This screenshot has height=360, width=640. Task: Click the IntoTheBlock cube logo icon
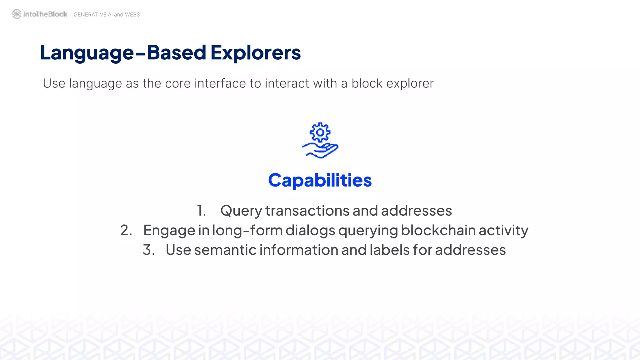point(17,14)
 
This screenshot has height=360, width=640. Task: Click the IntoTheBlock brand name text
point(45,14)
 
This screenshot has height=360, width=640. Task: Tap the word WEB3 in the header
point(132,15)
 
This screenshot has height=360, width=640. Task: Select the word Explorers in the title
point(256,52)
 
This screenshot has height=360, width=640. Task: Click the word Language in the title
point(87,53)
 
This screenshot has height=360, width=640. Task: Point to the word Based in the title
point(177,52)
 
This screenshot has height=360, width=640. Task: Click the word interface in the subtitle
point(220,83)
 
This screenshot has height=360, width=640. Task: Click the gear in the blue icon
point(320,132)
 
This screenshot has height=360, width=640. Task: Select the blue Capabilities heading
point(320,181)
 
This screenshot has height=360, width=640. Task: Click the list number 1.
point(201,211)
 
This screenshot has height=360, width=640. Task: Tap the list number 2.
point(126,230)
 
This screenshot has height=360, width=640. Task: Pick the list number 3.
point(149,250)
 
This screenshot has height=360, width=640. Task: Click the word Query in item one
point(241,211)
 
